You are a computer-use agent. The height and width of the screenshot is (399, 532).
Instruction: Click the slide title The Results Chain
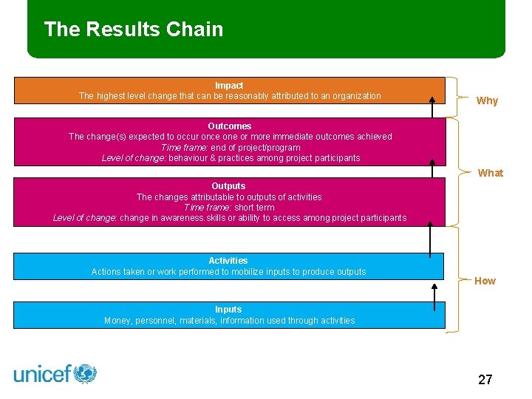pos(133,30)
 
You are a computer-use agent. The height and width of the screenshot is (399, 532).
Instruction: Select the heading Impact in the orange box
pos(229,86)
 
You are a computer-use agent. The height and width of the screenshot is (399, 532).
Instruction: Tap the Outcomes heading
pos(229,126)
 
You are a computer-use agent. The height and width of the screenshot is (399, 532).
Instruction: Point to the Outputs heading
pos(228,186)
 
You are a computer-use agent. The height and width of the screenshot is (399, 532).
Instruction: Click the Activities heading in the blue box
pos(228,261)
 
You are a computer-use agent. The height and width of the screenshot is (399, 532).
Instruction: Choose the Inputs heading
pos(228,310)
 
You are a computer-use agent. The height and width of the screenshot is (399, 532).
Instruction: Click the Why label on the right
pos(487,101)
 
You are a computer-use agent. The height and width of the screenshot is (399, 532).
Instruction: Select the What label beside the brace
pos(490,173)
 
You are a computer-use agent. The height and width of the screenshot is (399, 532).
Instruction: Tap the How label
pos(485,281)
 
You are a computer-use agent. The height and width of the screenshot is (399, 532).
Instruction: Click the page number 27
pos(485,380)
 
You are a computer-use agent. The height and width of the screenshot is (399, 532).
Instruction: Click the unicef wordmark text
pos(43,375)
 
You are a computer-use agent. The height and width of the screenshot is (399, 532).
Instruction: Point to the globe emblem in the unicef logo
pos(85,374)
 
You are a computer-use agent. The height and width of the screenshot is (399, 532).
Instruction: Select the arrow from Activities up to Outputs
pos(432,240)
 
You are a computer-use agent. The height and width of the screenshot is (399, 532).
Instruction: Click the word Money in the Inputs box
pos(117,321)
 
